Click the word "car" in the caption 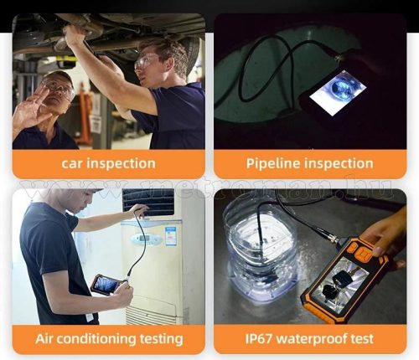[x=72, y=163]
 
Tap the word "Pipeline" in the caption [x=272, y=163]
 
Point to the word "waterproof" [x=313, y=339]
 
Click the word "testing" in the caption [x=162, y=339]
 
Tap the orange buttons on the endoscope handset [x=361, y=253]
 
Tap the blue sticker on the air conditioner [x=170, y=236]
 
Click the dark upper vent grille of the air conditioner [x=148, y=203]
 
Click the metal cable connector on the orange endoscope [x=332, y=238]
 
